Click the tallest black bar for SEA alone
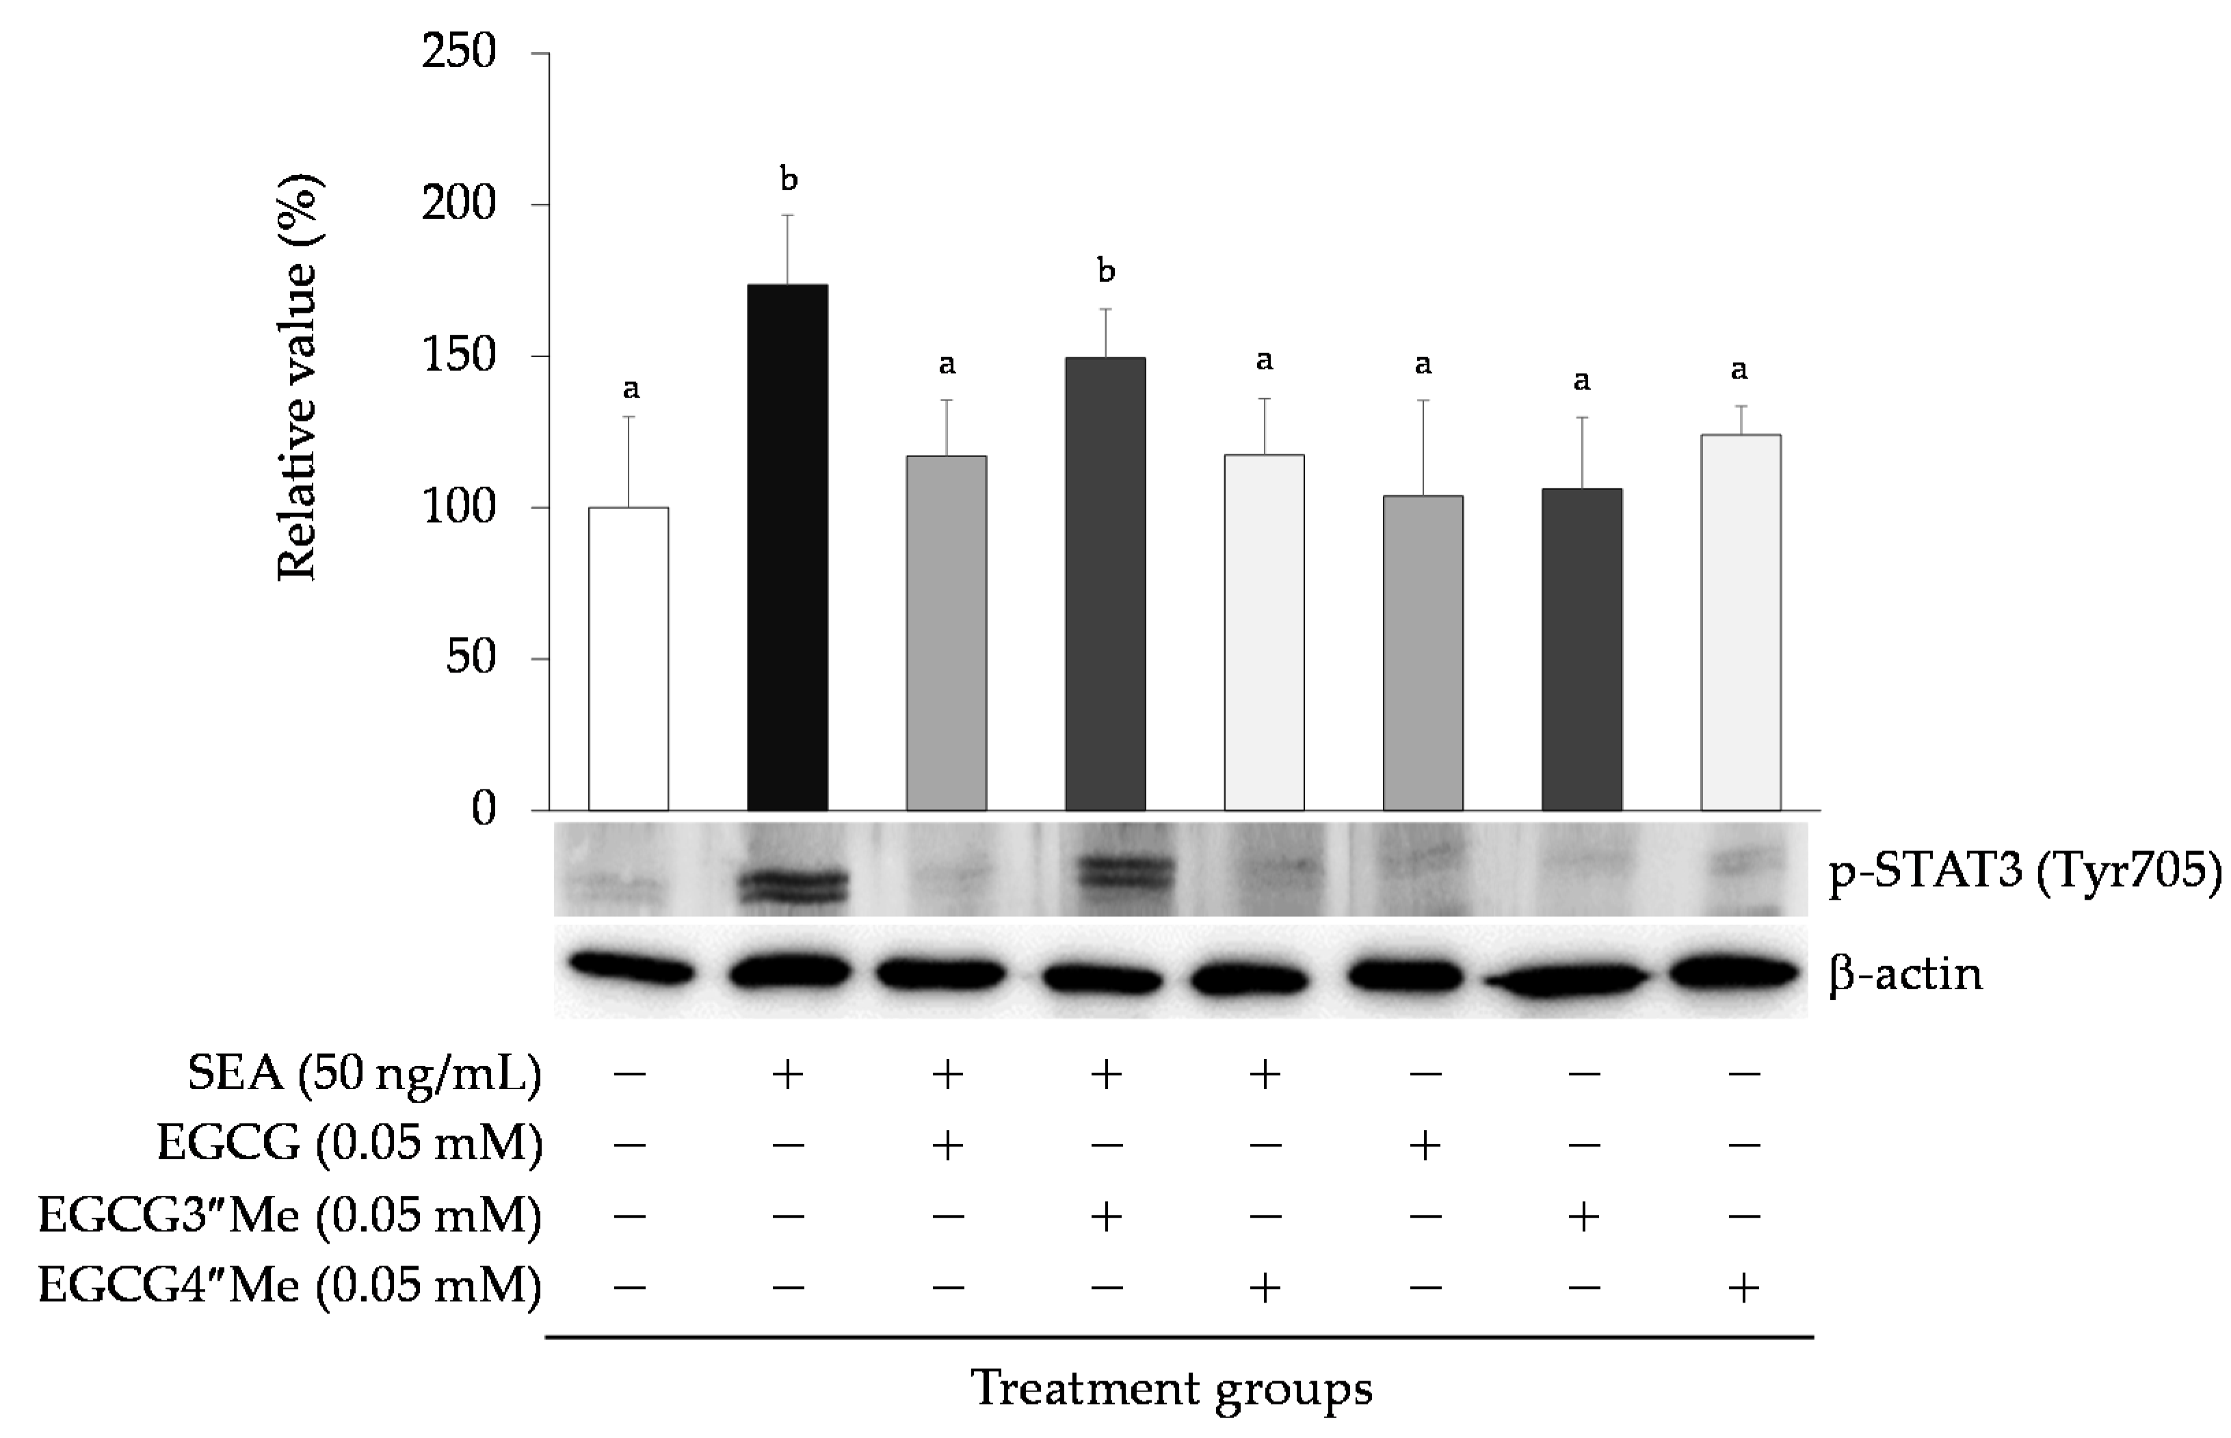coord(787,547)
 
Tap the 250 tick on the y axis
coord(458,52)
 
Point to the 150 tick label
coord(458,356)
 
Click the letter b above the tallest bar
coord(789,179)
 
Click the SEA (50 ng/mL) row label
coord(364,1074)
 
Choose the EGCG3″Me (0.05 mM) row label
coord(289,1216)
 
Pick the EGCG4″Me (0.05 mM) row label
coord(289,1287)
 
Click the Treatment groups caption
coord(1172,1389)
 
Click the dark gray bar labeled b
coord(1105,584)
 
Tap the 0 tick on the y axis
coord(484,809)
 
